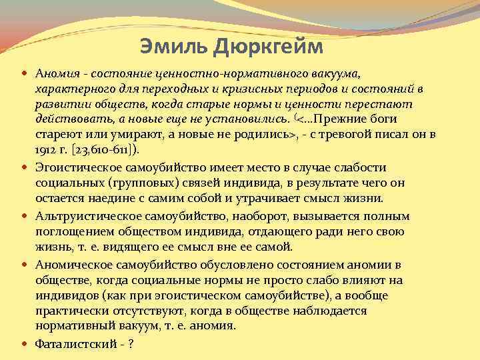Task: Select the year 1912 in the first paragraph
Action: pyautogui.click(x=46, y=150)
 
